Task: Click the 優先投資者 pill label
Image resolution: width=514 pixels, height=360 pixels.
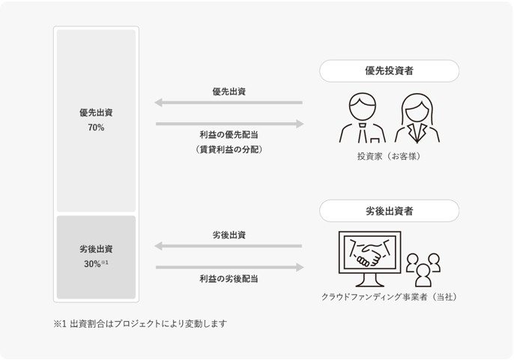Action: click(x=389, y=70)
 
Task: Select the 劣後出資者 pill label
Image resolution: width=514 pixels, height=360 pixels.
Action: click(x=389, y=211)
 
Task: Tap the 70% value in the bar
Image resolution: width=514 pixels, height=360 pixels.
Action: click(x=96, y=128)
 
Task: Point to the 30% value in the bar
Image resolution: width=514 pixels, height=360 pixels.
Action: click(x=94, y=264)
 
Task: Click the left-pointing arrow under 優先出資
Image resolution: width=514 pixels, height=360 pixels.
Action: click(x=229, y=103)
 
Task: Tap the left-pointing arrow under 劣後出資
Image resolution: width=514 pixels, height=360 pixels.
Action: click(x=229, y=246)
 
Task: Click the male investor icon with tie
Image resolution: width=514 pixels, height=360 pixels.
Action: click(x=362, y=118)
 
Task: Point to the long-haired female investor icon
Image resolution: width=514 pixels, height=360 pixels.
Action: click(x=417, y=118)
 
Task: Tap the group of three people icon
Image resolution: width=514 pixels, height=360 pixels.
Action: click(x=423, y=268)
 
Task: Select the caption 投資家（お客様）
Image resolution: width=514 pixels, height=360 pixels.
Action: click(x=389, y=157)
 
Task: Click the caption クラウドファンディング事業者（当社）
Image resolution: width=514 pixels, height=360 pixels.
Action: click(x=389, y=297)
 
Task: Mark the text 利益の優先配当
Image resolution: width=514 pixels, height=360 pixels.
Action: click(x=229, y=135)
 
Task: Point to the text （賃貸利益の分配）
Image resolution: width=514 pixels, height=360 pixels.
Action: click(x=229, y=149)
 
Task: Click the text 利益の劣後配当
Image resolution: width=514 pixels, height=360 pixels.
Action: click(x=229, y=279)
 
